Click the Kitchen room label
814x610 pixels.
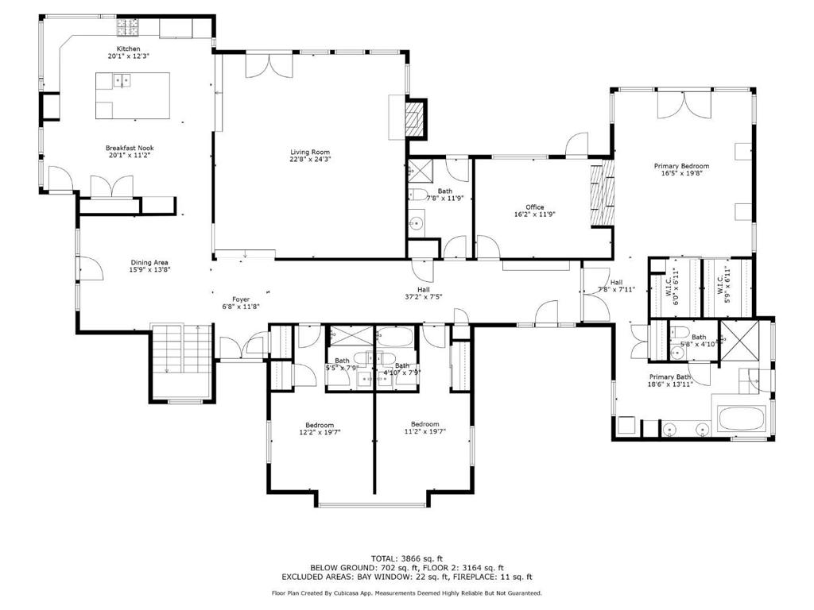[128, 48]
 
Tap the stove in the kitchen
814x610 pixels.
[128, 28]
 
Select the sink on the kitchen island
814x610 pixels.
[122, 80]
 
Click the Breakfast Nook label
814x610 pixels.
[130, 148]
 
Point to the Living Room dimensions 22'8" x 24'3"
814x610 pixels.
[310, 159]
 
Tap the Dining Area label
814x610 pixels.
[149, 262]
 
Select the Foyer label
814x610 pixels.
[241, 299]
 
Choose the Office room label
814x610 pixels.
[535, 207]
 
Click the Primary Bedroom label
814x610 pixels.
[681, 166]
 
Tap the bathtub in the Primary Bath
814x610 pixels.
[742, 419]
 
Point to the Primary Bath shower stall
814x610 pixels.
[739, 340]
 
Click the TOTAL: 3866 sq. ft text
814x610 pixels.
[406, 558]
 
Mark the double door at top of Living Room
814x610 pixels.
[269, 65]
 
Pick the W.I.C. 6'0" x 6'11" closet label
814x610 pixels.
[672, 286]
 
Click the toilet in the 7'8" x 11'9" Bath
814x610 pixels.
[417, 195]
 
